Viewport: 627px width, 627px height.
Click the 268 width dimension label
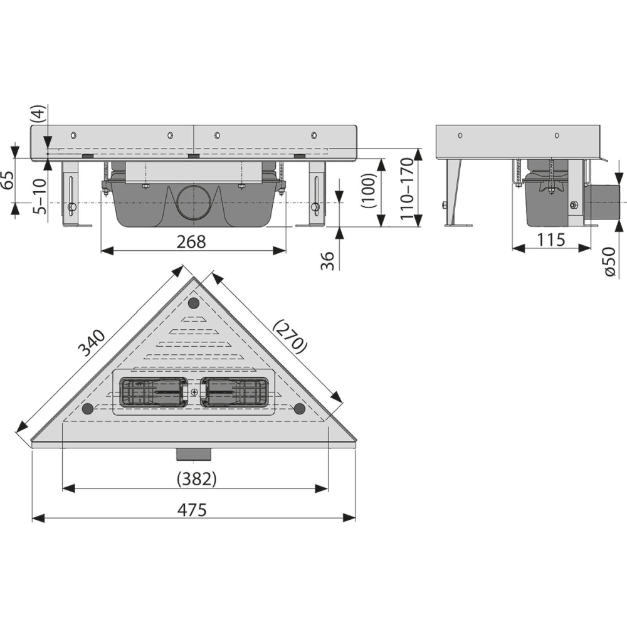click(x=191, y=242)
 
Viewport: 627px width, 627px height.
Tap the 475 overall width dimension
click(x=192, y=510)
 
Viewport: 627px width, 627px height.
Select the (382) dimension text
click(x=197, y=478)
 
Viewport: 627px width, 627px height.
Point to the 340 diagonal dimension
click(x=92, y=343)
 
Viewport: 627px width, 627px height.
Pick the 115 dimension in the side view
click(x=551, y=240)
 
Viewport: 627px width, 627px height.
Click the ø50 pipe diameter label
click(x=610, y=261)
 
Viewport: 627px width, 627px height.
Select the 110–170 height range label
click(x=407, y=188)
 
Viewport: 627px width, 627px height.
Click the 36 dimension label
click(x=328, y=261)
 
